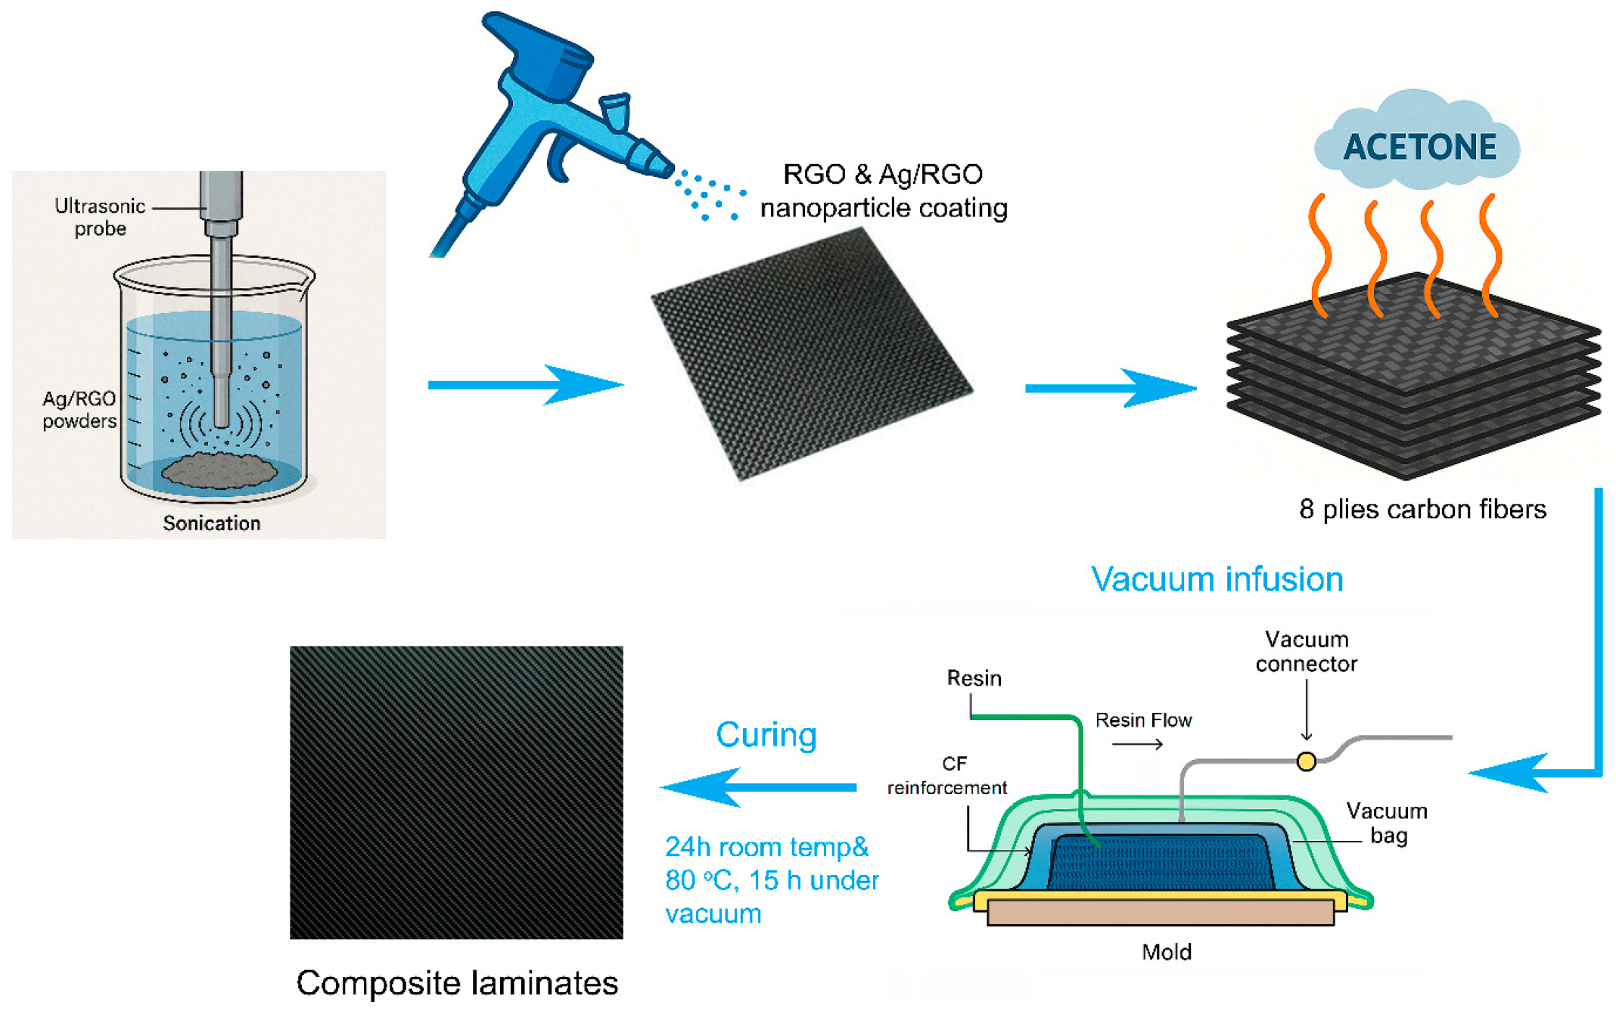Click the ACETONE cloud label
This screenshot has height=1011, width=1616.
click(1419, 147)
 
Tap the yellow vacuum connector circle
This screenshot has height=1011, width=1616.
click(1306, 761)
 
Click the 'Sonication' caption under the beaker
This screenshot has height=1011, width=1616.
click(211, 523)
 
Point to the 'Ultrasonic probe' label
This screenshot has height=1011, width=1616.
click(100, 217)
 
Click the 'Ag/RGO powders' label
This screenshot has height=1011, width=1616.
click(79, 409)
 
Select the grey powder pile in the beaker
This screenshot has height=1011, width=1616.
click(219, 470)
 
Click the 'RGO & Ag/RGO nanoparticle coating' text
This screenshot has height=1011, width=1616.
click(883, 191)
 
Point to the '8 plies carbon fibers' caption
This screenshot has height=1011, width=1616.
click(1422, 509)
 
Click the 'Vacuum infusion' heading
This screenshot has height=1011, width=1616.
click(1217, 579)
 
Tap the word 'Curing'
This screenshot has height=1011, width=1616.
click(766, 734)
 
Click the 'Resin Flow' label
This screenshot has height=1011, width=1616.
click(1143, 720)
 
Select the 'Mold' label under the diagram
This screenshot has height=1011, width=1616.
click(1166, 951)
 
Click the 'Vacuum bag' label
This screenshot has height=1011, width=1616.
click(1387, 823)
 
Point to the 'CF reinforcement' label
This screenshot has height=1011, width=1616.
click(946, 775)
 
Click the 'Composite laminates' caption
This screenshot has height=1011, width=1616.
click(457, 982)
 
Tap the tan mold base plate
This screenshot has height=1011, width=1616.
click(1160, 912)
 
